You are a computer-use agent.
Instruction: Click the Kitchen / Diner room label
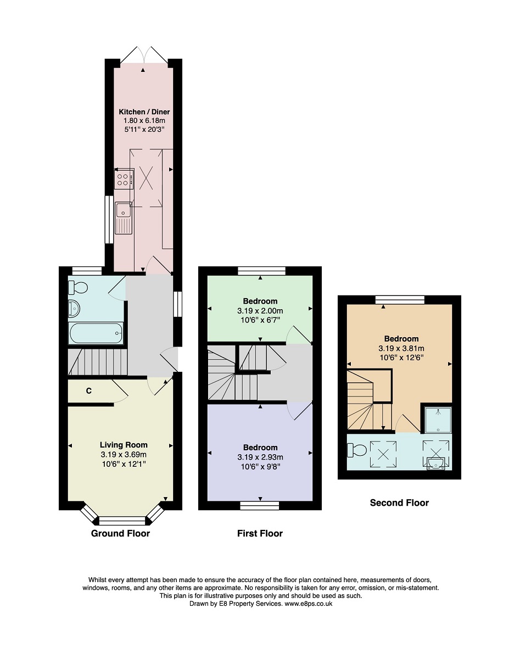(x=144, y=112)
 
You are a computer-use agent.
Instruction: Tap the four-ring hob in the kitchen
(x=124, y=180)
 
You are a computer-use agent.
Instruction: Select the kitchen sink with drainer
(x=124, y=218)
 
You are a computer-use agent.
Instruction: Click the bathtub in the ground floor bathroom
(x=96, y=333)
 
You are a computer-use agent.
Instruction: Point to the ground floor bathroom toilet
(x=78, y=287)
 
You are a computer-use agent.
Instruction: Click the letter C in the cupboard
(x=89, y=391)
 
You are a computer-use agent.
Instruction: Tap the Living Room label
(x=124, y=445)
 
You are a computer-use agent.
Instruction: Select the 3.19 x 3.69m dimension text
(x=124, y=455)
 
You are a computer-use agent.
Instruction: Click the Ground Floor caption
(x=120, y=534)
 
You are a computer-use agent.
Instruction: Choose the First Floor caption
(x=260, y=534)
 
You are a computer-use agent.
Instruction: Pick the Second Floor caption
(x=399, y=503)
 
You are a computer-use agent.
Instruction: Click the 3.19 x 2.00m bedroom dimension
(x=260, y=311)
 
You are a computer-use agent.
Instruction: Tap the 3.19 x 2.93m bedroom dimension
(x=260, y=457)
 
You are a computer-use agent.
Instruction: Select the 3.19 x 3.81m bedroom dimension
(x=401, y=348)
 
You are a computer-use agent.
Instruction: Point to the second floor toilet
(x=357, y=450)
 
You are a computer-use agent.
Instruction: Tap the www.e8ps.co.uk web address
(x=309, y=604)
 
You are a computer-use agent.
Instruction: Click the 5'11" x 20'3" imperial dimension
(x=144, y=130)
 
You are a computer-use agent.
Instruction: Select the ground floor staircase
(x=97, y=362)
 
